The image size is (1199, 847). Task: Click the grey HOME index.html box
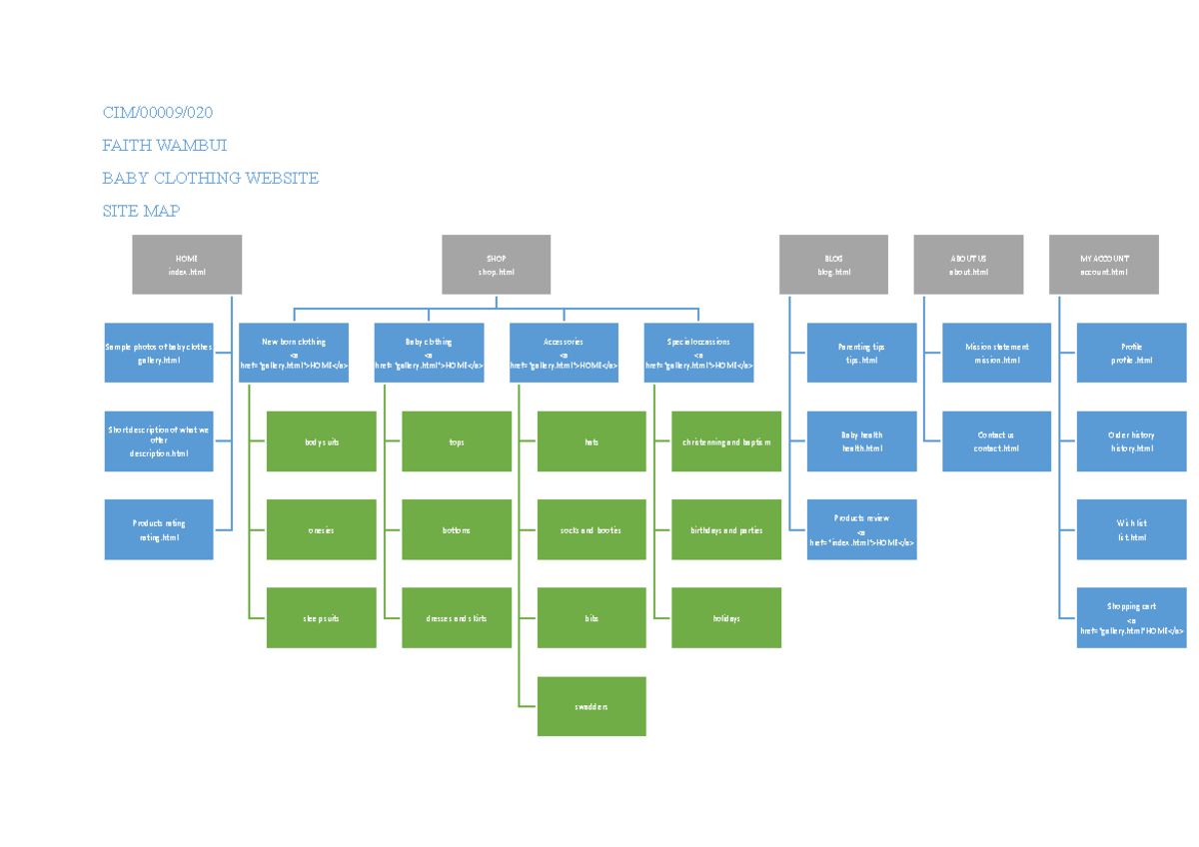click(x=187, y=265)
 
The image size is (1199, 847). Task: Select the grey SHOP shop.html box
click(x=497, y=265)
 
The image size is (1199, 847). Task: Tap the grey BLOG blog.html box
click(x=833, y=265)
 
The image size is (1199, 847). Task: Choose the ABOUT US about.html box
click(x=968, y=265)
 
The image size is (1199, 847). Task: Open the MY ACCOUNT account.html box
click(x=1103, y=265)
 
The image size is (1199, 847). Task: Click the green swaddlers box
click(x=592, y=706)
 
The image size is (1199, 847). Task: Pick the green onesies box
click(x=321, y=530)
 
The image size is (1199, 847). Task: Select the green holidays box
click(x=726, y=618)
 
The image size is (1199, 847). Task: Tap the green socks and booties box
click(x=592, y=530)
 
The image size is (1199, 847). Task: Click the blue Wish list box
click(x=1131, y=529)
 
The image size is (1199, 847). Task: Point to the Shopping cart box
click(x=1131, y=618)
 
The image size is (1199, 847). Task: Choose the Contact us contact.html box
click(x=996, y=441)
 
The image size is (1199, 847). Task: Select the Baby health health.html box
click(x=861, y=441)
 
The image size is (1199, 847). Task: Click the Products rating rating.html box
click(x=159, y=529)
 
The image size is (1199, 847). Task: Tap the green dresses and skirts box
click(x=457, y=618)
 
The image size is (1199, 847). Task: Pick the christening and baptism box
click(x=726, y=441)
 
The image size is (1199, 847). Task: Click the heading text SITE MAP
click(x=141, y=211)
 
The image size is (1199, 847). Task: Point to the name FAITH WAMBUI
click(x=164, y=145)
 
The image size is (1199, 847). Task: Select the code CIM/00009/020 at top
click(x=157, y=112)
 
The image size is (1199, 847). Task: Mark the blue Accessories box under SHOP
click(x=564, y=353)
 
